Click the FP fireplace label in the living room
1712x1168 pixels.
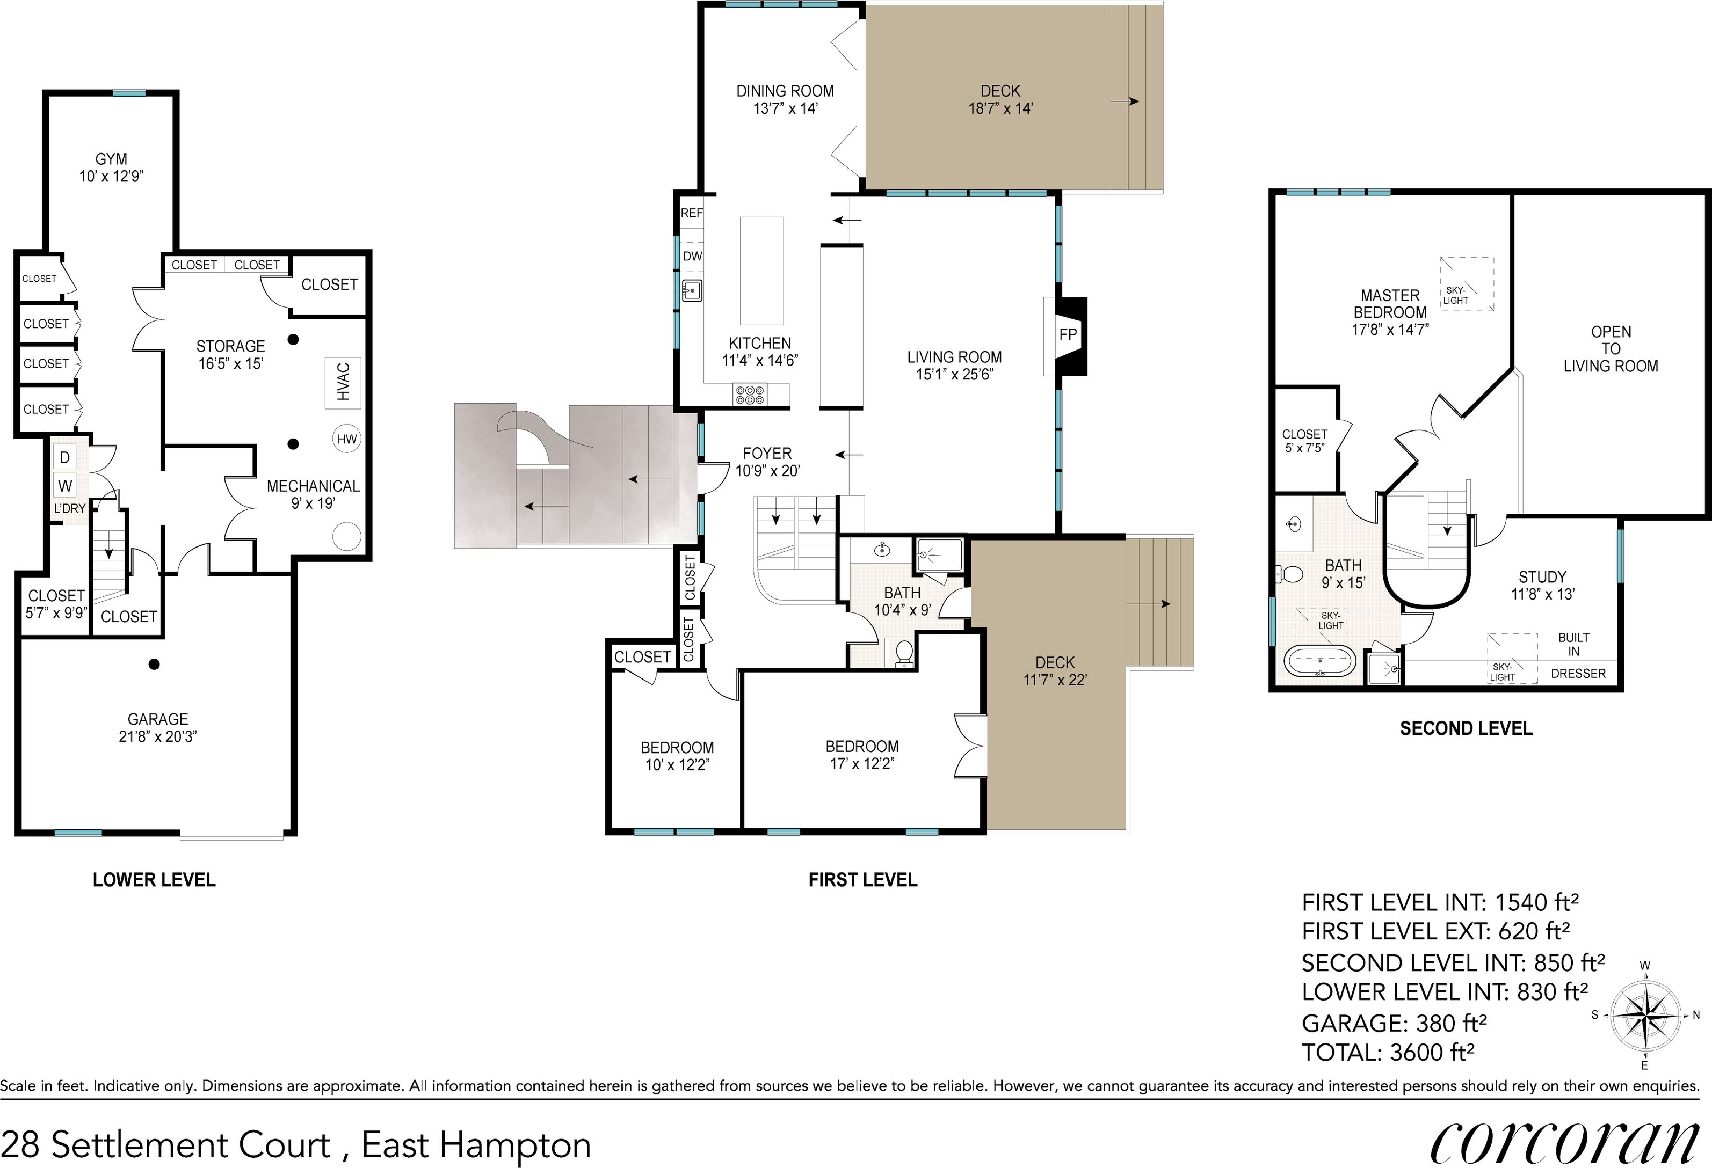(x=1068, y=334)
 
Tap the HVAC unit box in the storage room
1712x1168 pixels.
(x=343, y=382)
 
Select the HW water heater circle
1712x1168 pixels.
(x=346, y=440)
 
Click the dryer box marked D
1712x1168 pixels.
(x=65, y=457)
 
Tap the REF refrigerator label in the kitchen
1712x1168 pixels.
(x=691, y=214)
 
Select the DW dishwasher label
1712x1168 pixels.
(x=692, y=256)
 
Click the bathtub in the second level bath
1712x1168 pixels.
(x=1319, y=661)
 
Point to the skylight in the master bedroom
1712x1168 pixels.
(x=1467, y=284)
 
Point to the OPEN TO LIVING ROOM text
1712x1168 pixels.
(x=1611, y=349)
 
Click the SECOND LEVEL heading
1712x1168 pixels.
(x=1465, y=728)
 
